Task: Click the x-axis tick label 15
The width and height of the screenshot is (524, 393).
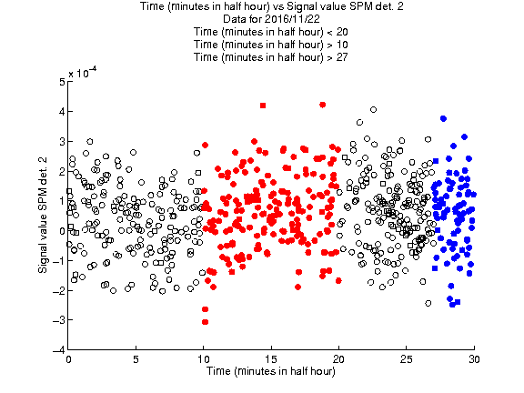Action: (x=271, y=359)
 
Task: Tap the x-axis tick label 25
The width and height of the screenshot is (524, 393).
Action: (x=406, y=359)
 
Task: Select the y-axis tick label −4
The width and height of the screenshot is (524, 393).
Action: (x=59, y=350)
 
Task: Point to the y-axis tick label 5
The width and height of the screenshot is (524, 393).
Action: (x=62, y=82)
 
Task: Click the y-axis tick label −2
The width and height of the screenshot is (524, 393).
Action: (x=59, y=290)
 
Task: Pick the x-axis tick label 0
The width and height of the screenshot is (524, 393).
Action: (x=68, y=359)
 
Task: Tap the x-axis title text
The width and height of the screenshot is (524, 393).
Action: (x=271, y=371)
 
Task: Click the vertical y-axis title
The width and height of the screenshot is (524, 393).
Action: (x=43, y=216)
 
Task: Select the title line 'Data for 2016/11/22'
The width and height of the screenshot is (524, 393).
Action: (x=271, y=19)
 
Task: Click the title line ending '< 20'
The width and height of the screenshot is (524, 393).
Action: (x=271, y=32)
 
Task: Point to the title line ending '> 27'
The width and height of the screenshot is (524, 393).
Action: (x=271, y=57)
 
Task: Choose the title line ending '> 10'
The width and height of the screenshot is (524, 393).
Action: (x=271, y=45)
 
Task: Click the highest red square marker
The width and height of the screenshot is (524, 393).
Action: (x=263, y=106)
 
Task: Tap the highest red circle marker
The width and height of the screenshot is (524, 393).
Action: (x=322, y=105)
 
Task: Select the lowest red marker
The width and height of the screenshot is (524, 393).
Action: (x=206, y=322)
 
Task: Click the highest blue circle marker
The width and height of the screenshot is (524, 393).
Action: (x=443, y=118)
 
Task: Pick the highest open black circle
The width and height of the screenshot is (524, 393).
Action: (x=373, y=109)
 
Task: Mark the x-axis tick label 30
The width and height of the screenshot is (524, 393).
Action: (x=474, y=359)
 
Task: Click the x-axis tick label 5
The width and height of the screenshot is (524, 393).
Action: (x=136, y=359)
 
